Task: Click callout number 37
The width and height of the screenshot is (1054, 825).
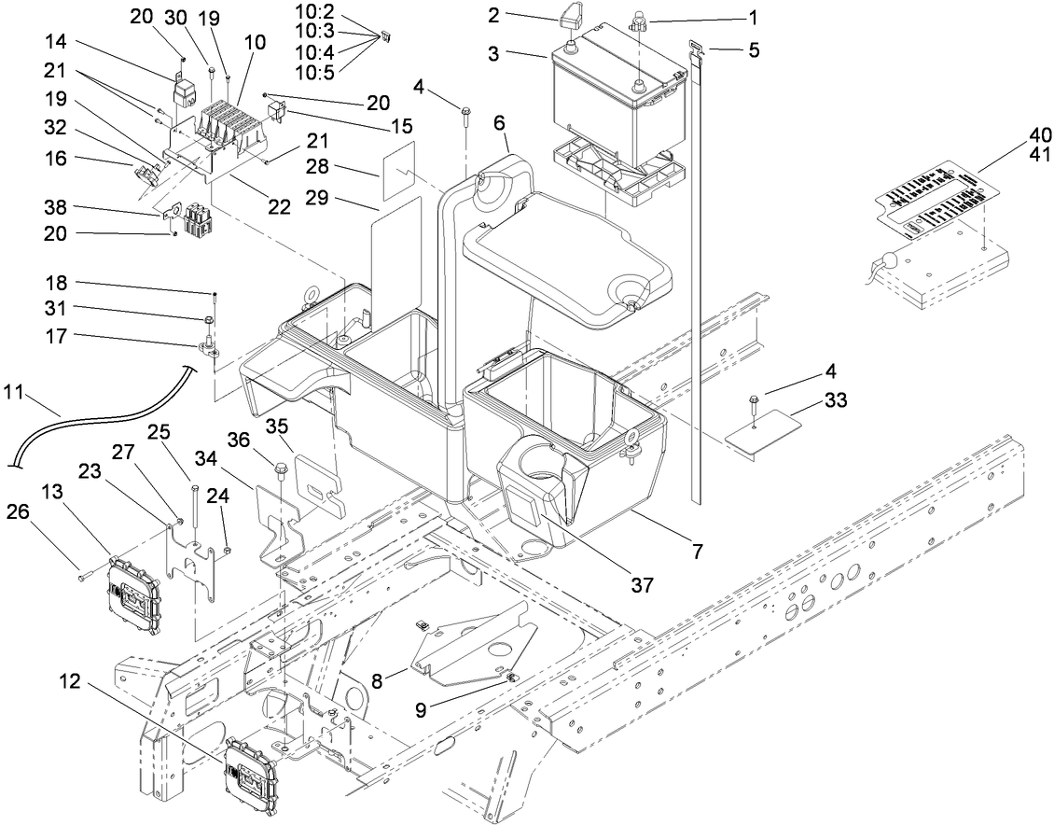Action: click(x=641, y=586)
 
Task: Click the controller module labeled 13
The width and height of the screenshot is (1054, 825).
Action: click(x=135, y=593)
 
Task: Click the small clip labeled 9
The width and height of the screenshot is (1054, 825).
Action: click(x=511, y=678)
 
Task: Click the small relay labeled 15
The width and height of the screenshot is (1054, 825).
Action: click(x=279, y=113)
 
